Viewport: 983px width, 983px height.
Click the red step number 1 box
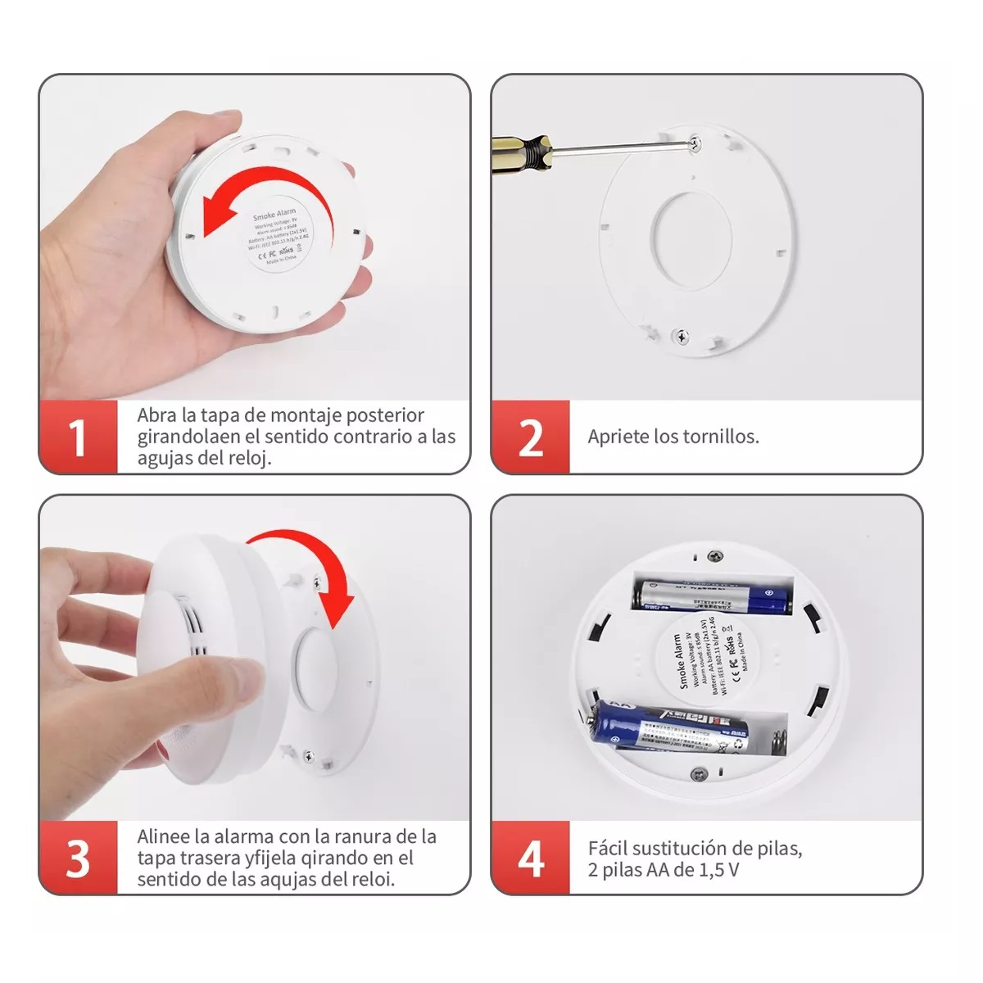tap(78, 437)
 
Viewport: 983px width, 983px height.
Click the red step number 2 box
tap(530, 437)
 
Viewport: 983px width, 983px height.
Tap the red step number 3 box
tap(78, 858)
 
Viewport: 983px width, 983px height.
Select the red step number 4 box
tap(530, 858)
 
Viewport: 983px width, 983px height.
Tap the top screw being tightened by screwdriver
tap(695, 143)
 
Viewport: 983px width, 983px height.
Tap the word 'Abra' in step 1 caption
tap(156, 415)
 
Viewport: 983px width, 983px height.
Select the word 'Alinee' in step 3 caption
tap(163, 836)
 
